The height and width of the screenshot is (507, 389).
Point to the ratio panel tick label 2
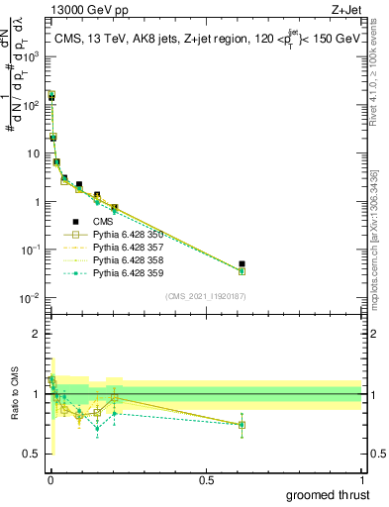coord(36,334)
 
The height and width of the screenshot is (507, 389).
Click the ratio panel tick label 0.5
coord(32,455)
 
